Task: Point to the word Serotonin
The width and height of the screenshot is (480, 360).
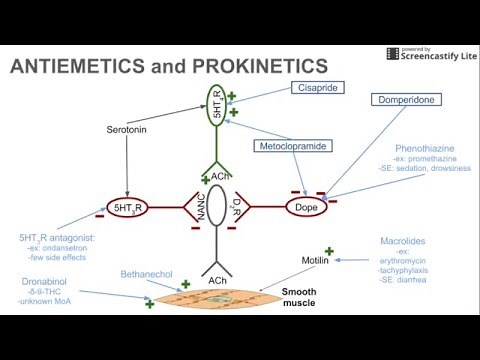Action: pos(127,130)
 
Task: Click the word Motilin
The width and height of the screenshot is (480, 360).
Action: pos(315,261)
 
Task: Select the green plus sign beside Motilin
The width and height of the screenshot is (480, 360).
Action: pos(327,250)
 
